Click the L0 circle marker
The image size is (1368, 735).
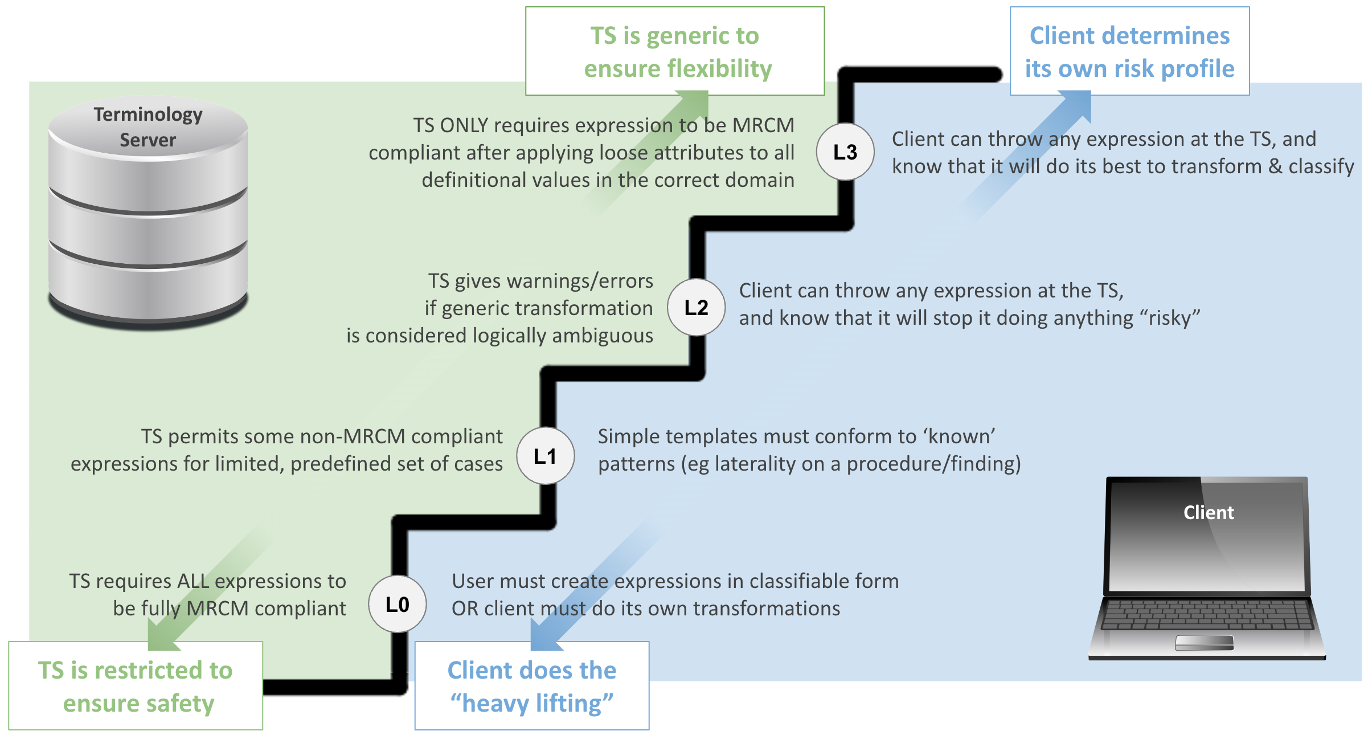coord(398,604)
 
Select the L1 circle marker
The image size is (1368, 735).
coord(546,456)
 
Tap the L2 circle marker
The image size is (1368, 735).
coord(696,308)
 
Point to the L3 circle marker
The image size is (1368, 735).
coord(845,152)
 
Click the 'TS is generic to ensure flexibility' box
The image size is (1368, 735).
coord(675,51)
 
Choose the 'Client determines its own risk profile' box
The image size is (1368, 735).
coord(1130,51)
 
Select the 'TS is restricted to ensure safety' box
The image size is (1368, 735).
coord(136,686)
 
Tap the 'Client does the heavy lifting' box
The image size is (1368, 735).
coord(532,686)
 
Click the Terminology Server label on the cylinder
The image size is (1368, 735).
coord(148,127)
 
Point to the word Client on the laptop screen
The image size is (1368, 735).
coord(1209,512)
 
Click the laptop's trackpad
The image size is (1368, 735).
coord(1205,643)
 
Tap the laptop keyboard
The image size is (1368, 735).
coord(1207,614)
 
